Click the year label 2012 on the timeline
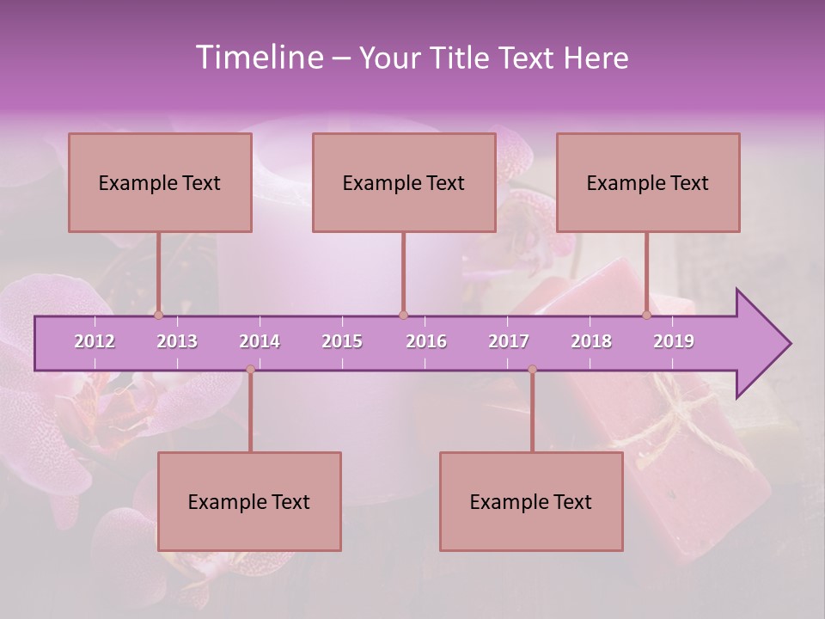point(95,341)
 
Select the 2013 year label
point(177,341)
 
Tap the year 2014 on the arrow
point(260,341)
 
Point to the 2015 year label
point(342,341)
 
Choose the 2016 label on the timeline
point(426,341)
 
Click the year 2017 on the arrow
point(509,341)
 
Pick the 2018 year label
point(591,341)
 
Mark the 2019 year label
point(674,341)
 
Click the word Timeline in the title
point(259,58)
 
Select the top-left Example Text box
point(160,182)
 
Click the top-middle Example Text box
point(404,182)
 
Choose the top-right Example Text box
point(648,182)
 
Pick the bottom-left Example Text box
point(249,501)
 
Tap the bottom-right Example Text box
point(531,501)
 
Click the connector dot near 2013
point(158,315)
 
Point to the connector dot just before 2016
point(403,315)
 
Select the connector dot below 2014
point(250,370)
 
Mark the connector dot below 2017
point(532,370)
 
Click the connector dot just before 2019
point(646,315)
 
